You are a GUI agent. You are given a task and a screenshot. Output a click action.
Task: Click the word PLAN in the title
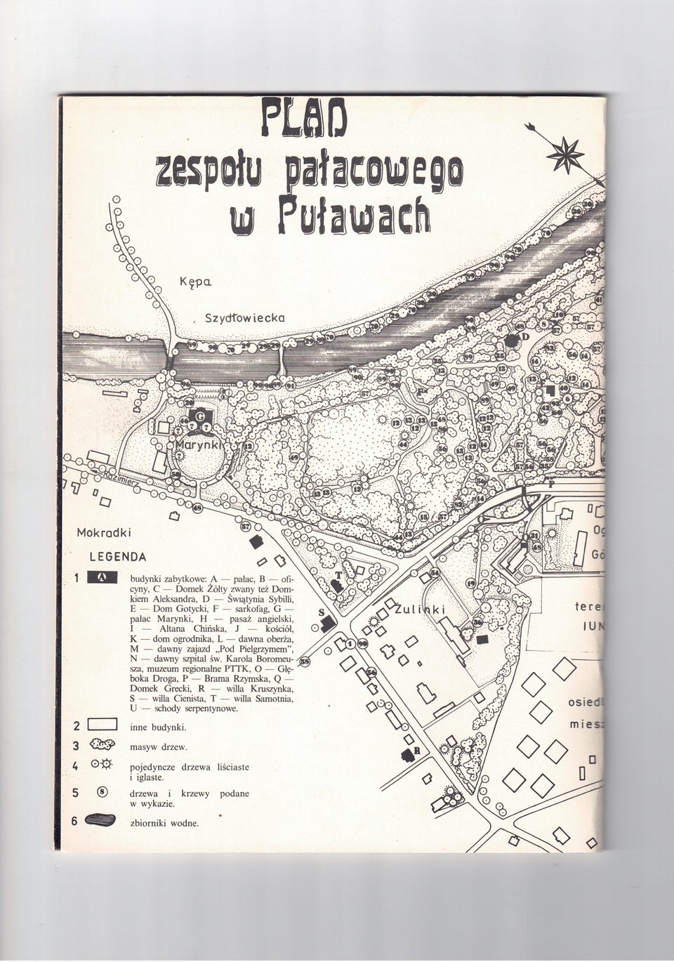tap(303, 117)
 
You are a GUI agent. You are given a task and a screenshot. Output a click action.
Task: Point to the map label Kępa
tap(196, 282)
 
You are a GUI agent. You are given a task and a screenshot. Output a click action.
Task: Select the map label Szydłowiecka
tap(244, 317)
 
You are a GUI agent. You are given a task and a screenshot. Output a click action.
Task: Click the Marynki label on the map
tap(199, 446)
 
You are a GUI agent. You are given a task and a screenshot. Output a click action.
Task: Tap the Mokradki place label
tap(104, 532)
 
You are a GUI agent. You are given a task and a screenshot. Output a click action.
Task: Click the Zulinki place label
tap(421, 609)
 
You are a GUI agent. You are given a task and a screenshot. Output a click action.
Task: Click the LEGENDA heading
tap(118, 557)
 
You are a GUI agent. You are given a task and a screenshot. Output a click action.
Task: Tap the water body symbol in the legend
tap(101, 821)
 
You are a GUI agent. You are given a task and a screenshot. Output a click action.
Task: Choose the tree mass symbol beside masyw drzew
tap(103, 746)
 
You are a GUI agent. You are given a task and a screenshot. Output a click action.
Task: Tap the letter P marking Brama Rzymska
tap(550, 484)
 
